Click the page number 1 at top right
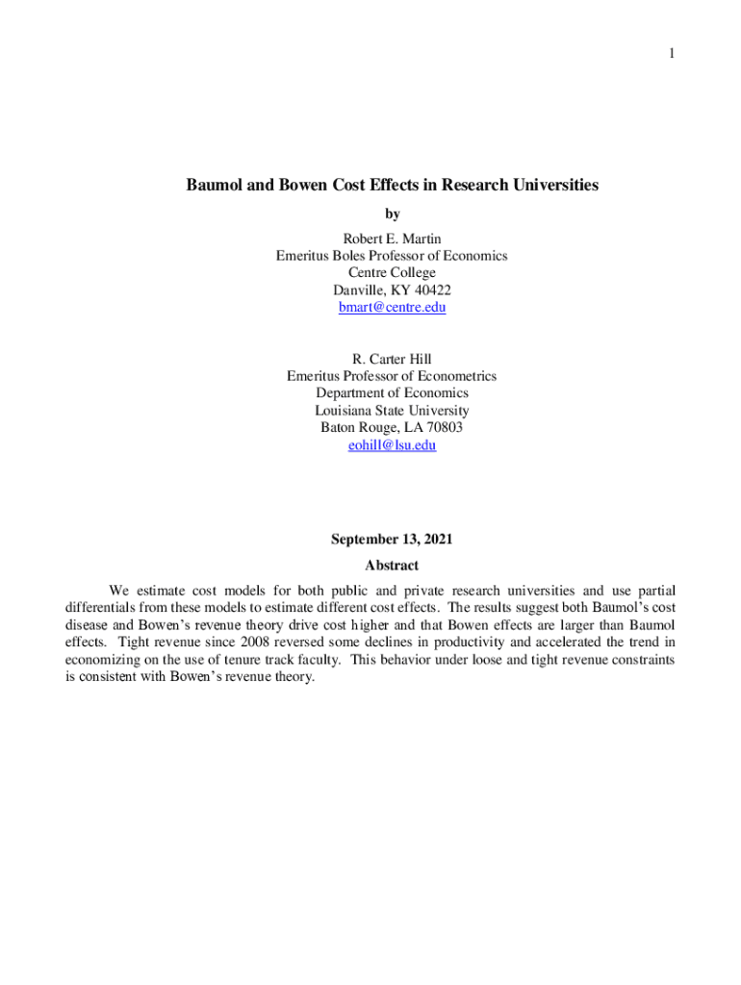click(672, 54)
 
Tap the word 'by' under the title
click(392, 214)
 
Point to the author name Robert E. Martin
click(392, 239)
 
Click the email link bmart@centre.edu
click(392, 308)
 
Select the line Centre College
click(392, 273)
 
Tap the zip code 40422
click(431, 290)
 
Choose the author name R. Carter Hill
click(392, 360)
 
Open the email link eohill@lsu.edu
click(392, 446)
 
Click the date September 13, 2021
click(392, 540)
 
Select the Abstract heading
click(392, 566)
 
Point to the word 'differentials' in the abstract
click(104, 608)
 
